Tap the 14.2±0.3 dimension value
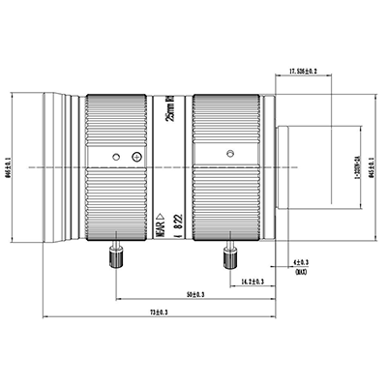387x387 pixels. coord(252,281)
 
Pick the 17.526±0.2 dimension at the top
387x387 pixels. coord(309,71)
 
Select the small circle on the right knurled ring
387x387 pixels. coord(229,153)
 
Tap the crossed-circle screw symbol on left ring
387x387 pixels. coord(136,156)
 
